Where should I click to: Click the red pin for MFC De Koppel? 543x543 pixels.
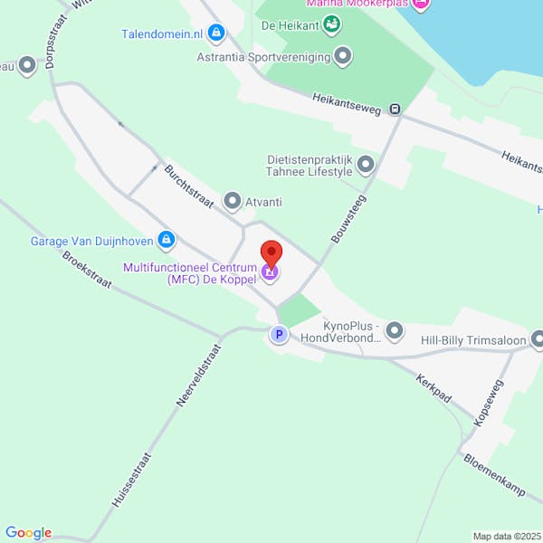point(271,252)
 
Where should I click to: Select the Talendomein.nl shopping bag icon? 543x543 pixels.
point(215,34)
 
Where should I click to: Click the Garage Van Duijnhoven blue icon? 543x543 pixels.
point(166,240)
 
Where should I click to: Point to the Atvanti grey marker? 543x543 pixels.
point(233,201)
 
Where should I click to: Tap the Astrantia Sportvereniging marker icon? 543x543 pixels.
point(343,57)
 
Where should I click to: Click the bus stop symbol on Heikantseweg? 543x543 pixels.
point(395,110)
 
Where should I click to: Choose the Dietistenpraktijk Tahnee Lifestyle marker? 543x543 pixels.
point(366,165)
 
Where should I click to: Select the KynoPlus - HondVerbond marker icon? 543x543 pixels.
point(394,332)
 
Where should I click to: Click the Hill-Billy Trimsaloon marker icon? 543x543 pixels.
point(538,340)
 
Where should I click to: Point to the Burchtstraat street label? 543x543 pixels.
point(189,186)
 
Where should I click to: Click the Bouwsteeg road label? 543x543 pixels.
point(348,219)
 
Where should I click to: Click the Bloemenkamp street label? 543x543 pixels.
point(494,474)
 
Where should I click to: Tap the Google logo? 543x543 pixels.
point(28,533)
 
